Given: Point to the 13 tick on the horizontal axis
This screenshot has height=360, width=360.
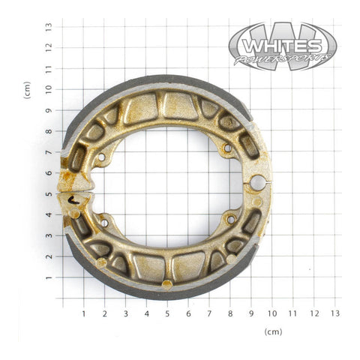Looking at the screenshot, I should tap(335, 313).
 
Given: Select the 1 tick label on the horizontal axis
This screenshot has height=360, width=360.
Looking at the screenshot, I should tap(83, 313).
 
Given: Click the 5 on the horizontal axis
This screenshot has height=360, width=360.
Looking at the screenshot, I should tap(167, 313).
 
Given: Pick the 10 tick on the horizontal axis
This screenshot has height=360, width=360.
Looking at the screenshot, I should tap(272, 313).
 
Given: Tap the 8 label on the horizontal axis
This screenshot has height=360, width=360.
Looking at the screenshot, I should tap(230, 313).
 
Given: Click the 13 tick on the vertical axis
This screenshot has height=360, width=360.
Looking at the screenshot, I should tap(47, 26).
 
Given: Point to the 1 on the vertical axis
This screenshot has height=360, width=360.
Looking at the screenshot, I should tap(47, 278).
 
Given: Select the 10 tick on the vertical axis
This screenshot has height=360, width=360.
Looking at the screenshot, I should tap(47, 89).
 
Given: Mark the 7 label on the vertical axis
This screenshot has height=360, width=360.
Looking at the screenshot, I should tap(47, 152).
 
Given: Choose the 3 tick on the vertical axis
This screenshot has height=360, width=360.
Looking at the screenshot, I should tap(47, 236).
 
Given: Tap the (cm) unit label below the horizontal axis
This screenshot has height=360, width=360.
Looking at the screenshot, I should tap(274, 331).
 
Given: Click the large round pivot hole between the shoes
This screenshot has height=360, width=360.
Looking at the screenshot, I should tap(257, 181).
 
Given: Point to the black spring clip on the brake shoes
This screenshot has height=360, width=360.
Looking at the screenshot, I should tap(72, 199).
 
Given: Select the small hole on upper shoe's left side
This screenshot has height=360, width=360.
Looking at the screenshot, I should tap(101, 157).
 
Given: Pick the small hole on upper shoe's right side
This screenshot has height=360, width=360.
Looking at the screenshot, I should tap(227, 148).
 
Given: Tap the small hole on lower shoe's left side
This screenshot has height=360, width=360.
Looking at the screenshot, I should tap(103, 222).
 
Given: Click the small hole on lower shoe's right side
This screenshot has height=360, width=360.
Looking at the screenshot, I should tap(230, 219).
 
